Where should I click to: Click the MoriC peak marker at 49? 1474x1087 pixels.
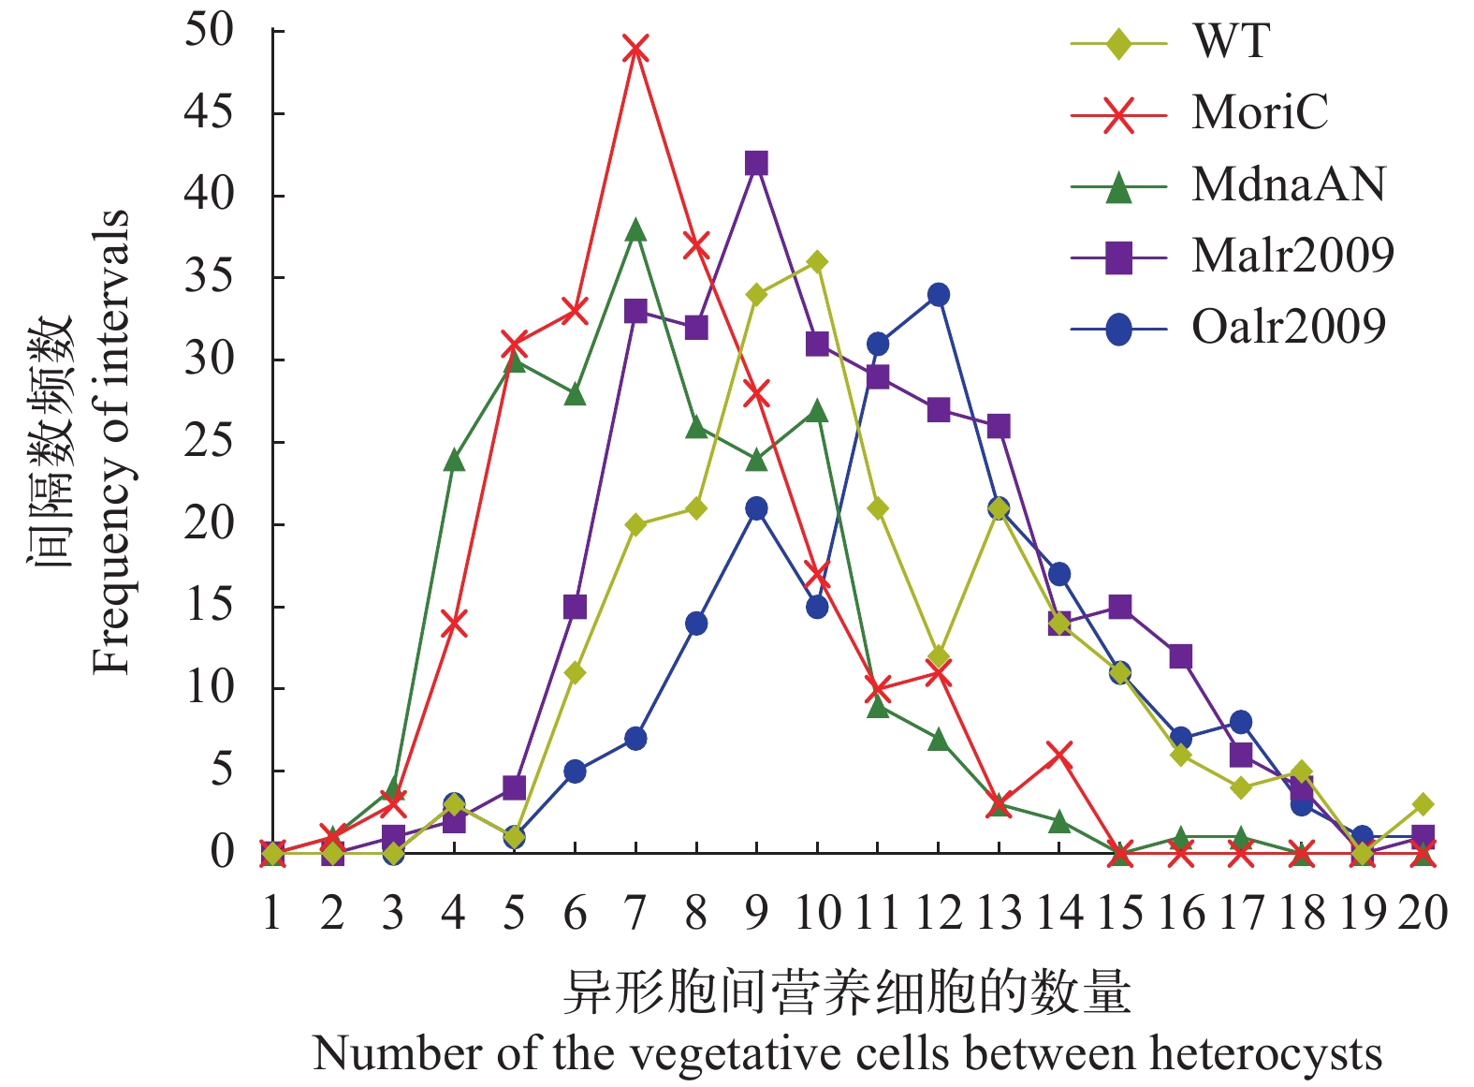[x=635, y=48]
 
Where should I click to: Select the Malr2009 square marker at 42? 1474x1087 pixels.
[x=756, y=164]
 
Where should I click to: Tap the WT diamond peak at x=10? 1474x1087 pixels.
[x=817, y=262]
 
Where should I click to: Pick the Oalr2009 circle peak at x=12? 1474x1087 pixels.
[x=938, y=295]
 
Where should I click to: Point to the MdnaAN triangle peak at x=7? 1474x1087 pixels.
[x=635, y=229]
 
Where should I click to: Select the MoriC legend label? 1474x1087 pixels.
[x=1259, y=112]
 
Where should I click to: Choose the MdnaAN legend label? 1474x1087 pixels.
[x=1288, y=184]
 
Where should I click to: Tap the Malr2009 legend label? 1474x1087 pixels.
[x=1292, y=255]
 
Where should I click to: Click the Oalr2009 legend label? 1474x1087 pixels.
[x=1288, y=327]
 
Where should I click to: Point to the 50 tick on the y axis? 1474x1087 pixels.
[x=209, y=30]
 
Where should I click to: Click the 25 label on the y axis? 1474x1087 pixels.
[x=209, y=441]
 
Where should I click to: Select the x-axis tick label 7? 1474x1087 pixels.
[x=635, y=911]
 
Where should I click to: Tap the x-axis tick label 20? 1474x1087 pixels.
[x=1423, y=911]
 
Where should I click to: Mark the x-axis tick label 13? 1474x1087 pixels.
[x=999, y=911]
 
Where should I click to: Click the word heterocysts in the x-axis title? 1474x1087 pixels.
[x=1265, y=1053]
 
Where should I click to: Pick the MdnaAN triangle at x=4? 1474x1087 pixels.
[x=454, y=459]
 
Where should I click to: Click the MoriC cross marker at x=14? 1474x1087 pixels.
[x=1059, y=754]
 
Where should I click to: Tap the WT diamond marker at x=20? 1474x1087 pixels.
[x=1423, y=804]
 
